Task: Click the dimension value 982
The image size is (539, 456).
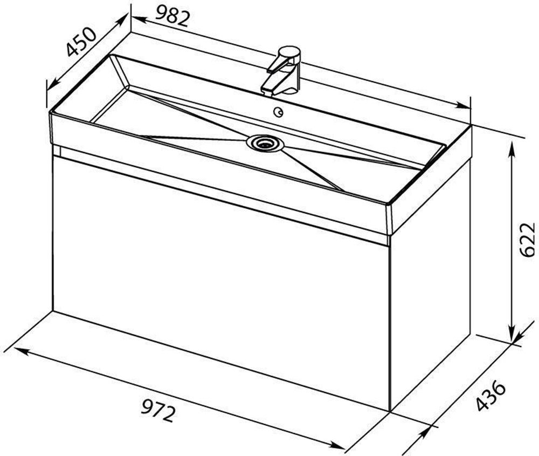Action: click(x=173, y=16)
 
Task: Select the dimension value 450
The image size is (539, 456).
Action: click(x=81, y=42)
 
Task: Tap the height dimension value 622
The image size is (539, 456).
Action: click(x=527, y=240)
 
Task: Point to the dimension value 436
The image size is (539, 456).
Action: click(x=491, y=396)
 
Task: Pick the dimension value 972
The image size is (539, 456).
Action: click(x=158, y=410)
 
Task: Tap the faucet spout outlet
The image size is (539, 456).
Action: click(x=267, y=92)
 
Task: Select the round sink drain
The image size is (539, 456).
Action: click(x=265, y=142)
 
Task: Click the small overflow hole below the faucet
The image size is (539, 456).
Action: click(x=278, y=112)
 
